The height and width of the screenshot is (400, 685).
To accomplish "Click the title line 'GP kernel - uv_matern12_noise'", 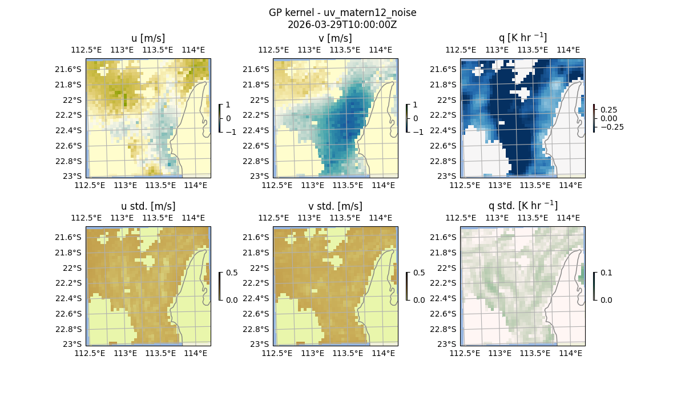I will click(342, 13).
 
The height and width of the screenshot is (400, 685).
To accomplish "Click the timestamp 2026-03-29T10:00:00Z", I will click(342, 25).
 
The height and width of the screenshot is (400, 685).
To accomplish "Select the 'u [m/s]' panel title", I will click(148, 38).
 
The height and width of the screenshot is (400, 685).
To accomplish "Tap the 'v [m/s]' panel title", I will click(335, 38).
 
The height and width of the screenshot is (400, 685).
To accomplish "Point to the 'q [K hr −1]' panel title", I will click(522, 38).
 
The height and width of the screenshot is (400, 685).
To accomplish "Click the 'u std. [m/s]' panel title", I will click(148, 206).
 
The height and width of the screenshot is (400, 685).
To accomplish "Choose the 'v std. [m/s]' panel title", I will click(335, 206).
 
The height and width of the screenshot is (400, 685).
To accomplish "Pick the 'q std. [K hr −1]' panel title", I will click(522, 206).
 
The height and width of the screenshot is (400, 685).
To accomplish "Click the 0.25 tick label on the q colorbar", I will click(609, 110).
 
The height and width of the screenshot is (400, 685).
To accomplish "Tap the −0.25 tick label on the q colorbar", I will click(611, 127).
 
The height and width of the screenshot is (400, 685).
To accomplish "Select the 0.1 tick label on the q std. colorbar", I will click(605, 273).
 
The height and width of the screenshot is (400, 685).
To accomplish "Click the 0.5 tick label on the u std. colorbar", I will click(231, 273).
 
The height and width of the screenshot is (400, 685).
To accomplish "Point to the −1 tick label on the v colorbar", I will click(418, 131).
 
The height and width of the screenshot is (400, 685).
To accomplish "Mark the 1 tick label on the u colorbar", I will click(228, 105).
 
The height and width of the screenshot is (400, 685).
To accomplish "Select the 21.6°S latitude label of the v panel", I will click(259, 69).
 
